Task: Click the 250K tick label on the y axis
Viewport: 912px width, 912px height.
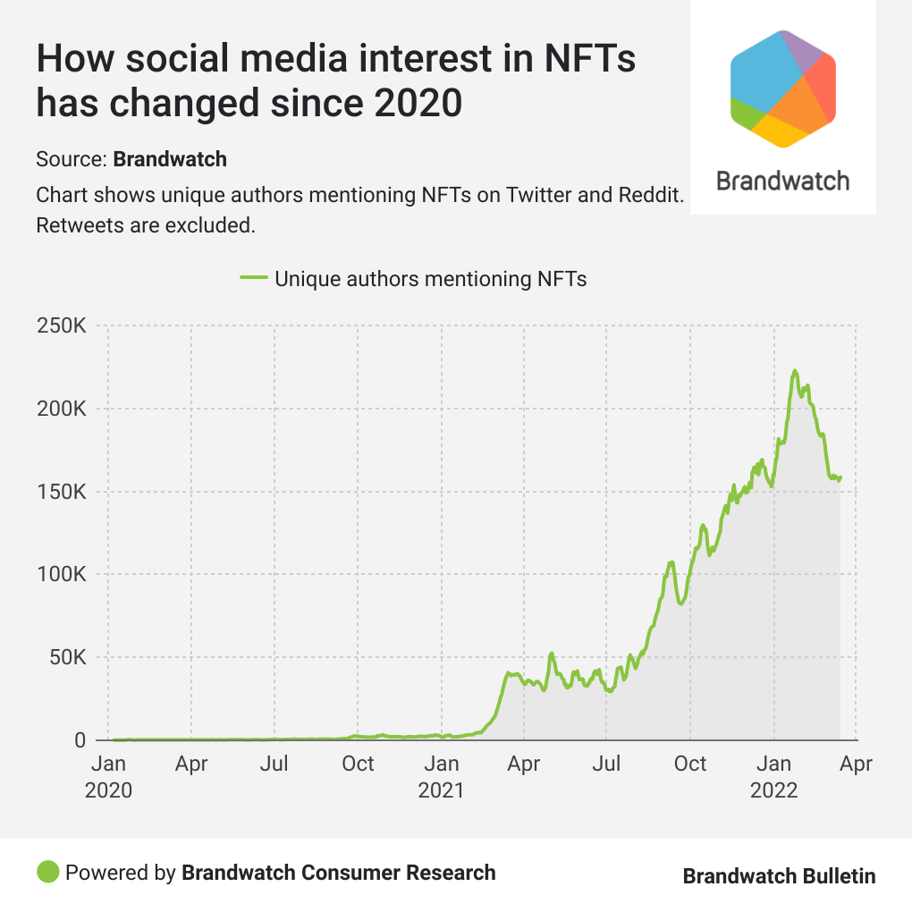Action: point(61,326)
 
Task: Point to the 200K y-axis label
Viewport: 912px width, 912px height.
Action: point(61,410)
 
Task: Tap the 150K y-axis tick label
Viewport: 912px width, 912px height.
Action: point(61,492)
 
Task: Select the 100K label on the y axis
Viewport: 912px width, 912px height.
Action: point(61,575)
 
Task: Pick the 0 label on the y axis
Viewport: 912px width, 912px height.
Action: point(80,740)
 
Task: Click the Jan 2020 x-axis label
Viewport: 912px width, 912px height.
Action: point(108,777)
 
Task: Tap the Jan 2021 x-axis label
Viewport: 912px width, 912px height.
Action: point(441,777)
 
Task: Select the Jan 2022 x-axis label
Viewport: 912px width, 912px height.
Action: point(773,777)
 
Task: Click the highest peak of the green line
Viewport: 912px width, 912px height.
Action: point(794,370)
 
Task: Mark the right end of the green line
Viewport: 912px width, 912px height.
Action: point(840,477)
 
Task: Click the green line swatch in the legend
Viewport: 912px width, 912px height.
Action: point(254,279)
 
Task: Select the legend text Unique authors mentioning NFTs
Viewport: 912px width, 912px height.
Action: point(430,279)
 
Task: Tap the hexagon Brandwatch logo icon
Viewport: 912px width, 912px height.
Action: point(782,88)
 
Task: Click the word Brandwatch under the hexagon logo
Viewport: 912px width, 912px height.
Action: point(782,181)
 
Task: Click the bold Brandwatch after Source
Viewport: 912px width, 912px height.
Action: point(170,160)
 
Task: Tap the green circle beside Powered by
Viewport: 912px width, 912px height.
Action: point(48,872)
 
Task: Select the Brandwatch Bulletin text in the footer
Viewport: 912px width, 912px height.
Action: point(779,876)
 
